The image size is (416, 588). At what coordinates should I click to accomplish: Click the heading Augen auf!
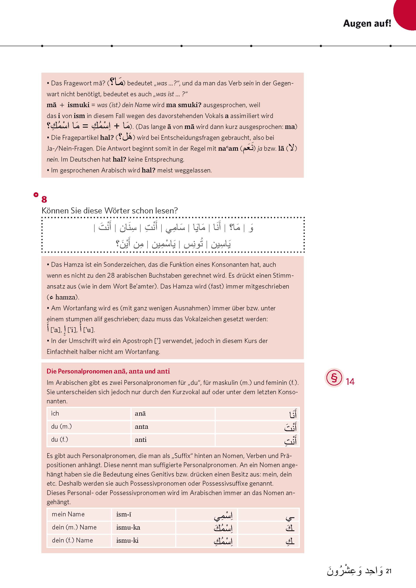(x=367, y=23)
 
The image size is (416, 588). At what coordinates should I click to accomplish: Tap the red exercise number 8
(x=44, y=199)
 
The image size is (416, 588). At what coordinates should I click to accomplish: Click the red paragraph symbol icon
(x=334, y=378)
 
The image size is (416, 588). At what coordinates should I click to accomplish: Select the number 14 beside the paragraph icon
(x=350, y=382)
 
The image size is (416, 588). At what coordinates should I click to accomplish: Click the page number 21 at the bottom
(x=389, y=571)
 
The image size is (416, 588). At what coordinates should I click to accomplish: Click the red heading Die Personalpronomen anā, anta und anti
(x=108, y=371)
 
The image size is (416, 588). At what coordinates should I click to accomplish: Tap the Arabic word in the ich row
(x=292, y=414)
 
